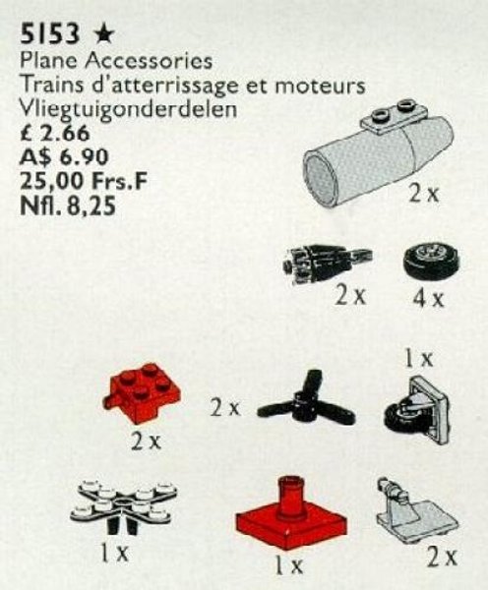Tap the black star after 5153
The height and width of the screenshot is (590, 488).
tap(89, 37)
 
